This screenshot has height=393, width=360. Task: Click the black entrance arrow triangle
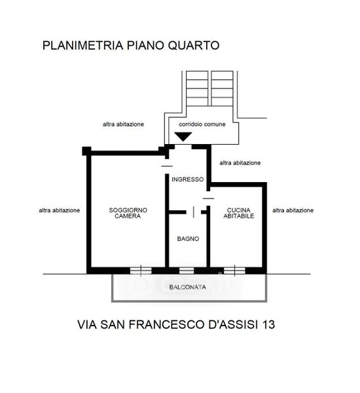(183, 136)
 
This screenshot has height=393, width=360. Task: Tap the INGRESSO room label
(187, 179)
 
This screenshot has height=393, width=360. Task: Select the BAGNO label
(188, 238)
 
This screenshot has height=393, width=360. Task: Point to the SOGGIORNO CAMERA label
(128, 213)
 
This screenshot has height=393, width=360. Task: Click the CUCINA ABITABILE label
(239, 213)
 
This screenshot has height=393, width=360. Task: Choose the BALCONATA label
(188, 287)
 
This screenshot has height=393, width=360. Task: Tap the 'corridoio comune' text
(202, 124)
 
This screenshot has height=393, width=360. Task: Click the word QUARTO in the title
(194, 45)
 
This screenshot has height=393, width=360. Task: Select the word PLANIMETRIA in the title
(83, 45)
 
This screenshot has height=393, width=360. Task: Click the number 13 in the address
(268, 324)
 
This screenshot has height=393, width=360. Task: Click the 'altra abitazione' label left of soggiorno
(60, 210)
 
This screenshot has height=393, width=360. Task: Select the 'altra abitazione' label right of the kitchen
(293, 210)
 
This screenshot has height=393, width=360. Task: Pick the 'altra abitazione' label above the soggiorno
(123, 124)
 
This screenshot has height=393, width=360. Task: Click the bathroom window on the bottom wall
(187, 271)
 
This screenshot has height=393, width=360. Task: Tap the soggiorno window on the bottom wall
(141, 271)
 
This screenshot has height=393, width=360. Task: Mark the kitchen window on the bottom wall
(234, 271)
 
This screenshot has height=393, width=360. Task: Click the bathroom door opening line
(194, 212)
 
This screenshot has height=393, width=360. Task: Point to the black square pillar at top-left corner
(86, 151)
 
